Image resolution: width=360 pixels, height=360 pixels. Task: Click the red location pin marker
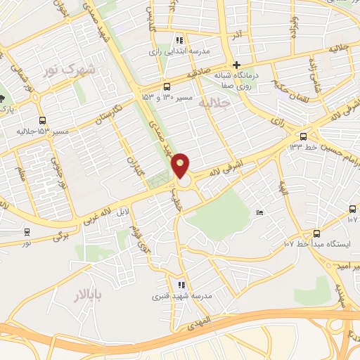[x=181, y=165]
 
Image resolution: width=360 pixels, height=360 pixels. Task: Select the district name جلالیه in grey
[x=214, y=103]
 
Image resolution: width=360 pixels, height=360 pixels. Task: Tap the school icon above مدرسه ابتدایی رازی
[x=180, y=40]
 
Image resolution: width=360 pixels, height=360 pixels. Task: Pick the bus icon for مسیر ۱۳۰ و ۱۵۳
[x=166, y=86]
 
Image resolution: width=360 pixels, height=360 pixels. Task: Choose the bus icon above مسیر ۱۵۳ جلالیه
[x=44, y=120]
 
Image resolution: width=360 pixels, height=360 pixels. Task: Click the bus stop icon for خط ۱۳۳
[x=304, y=136]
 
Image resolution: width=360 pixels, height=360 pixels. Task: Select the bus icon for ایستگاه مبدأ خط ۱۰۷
[x=316, y=233]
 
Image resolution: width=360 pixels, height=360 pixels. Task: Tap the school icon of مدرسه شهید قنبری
[x=181, y=285]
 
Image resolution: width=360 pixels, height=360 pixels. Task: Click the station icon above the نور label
[x=27, y=231]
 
